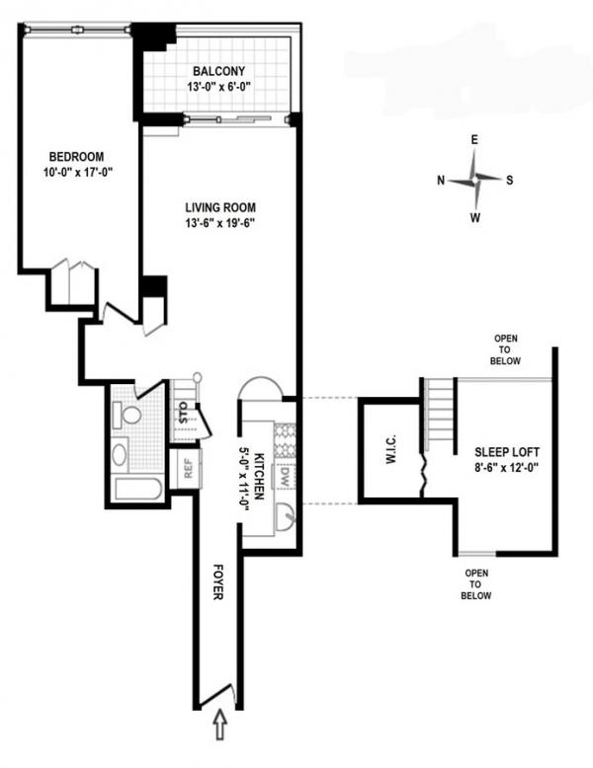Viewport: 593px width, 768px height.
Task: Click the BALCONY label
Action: (x=219, y=71)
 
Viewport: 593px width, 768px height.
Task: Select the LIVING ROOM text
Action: (x=220, y=208)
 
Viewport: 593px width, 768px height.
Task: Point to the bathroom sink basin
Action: (x=120, y=455)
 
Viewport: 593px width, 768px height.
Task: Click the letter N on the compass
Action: (x=441, y=180)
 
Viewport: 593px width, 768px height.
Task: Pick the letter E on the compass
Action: (x=475, y=141)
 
